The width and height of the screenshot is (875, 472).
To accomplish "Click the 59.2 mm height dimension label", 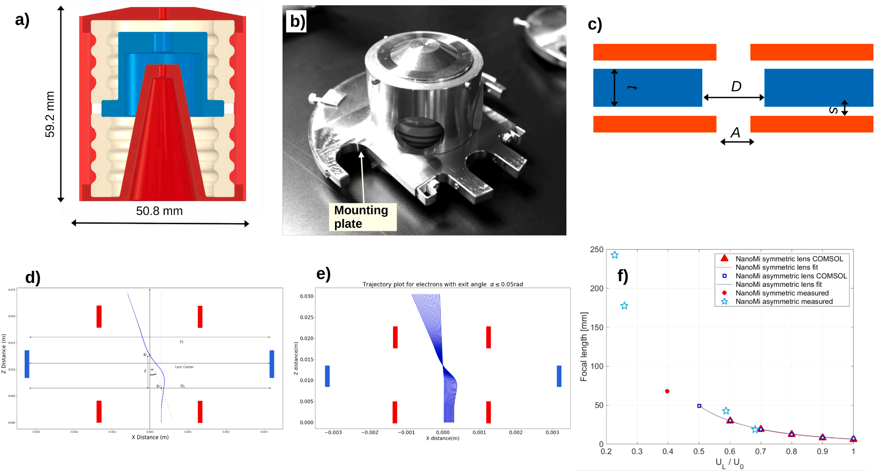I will point(50,114).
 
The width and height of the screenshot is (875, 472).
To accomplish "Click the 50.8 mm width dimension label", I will point(159,211).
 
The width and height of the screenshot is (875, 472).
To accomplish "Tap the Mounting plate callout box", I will point(362,217).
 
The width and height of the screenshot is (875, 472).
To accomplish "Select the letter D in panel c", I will point(736,87).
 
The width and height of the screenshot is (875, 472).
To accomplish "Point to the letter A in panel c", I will point(735,133).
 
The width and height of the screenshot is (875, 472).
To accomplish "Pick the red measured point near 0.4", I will point(667,391).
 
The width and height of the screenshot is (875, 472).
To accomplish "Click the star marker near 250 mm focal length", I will point(615,255).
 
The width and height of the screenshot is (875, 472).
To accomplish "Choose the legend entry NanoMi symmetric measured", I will point(782,293).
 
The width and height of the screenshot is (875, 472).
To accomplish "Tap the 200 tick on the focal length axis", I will point(596,288).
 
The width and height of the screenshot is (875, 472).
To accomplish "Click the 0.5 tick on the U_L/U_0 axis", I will point(699,452).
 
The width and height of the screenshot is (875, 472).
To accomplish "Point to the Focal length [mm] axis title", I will point(584,346).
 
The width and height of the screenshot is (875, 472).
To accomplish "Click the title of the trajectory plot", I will point(443,284).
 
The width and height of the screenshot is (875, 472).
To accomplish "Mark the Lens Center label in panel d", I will point(184,367).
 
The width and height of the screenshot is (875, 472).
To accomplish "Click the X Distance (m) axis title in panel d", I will point(150,437).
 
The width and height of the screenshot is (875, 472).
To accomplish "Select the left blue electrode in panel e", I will point(327,376).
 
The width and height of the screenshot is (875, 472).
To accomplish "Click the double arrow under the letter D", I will point(733,98).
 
